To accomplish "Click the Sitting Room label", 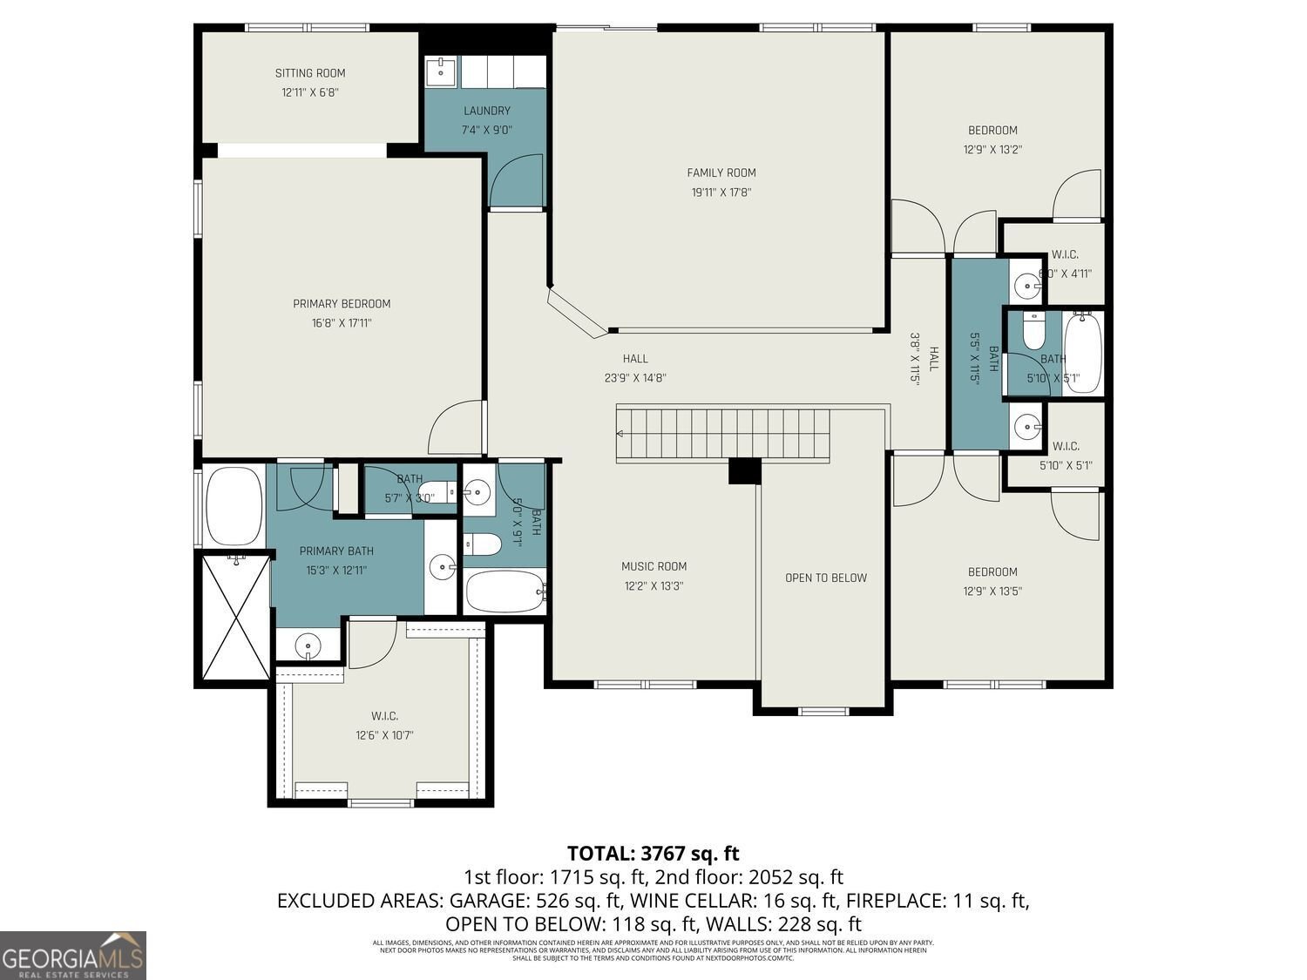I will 310,73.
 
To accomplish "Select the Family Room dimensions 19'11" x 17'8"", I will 721,193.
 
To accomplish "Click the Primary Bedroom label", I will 342,304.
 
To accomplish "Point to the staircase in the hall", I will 722,433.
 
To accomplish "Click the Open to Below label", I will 825,578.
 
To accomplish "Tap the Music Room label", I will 653,566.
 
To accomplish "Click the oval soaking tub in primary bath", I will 234,506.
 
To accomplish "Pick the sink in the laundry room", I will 442,71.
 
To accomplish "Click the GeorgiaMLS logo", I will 73,956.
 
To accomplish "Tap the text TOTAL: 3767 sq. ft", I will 653,853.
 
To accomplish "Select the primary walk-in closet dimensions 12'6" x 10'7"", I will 378,735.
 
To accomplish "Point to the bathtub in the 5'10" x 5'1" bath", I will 1082,353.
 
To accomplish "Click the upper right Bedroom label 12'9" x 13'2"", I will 992,131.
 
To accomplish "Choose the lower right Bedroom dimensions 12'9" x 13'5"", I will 992,591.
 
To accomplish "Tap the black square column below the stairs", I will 744,470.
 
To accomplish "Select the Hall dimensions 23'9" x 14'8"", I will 635,378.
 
